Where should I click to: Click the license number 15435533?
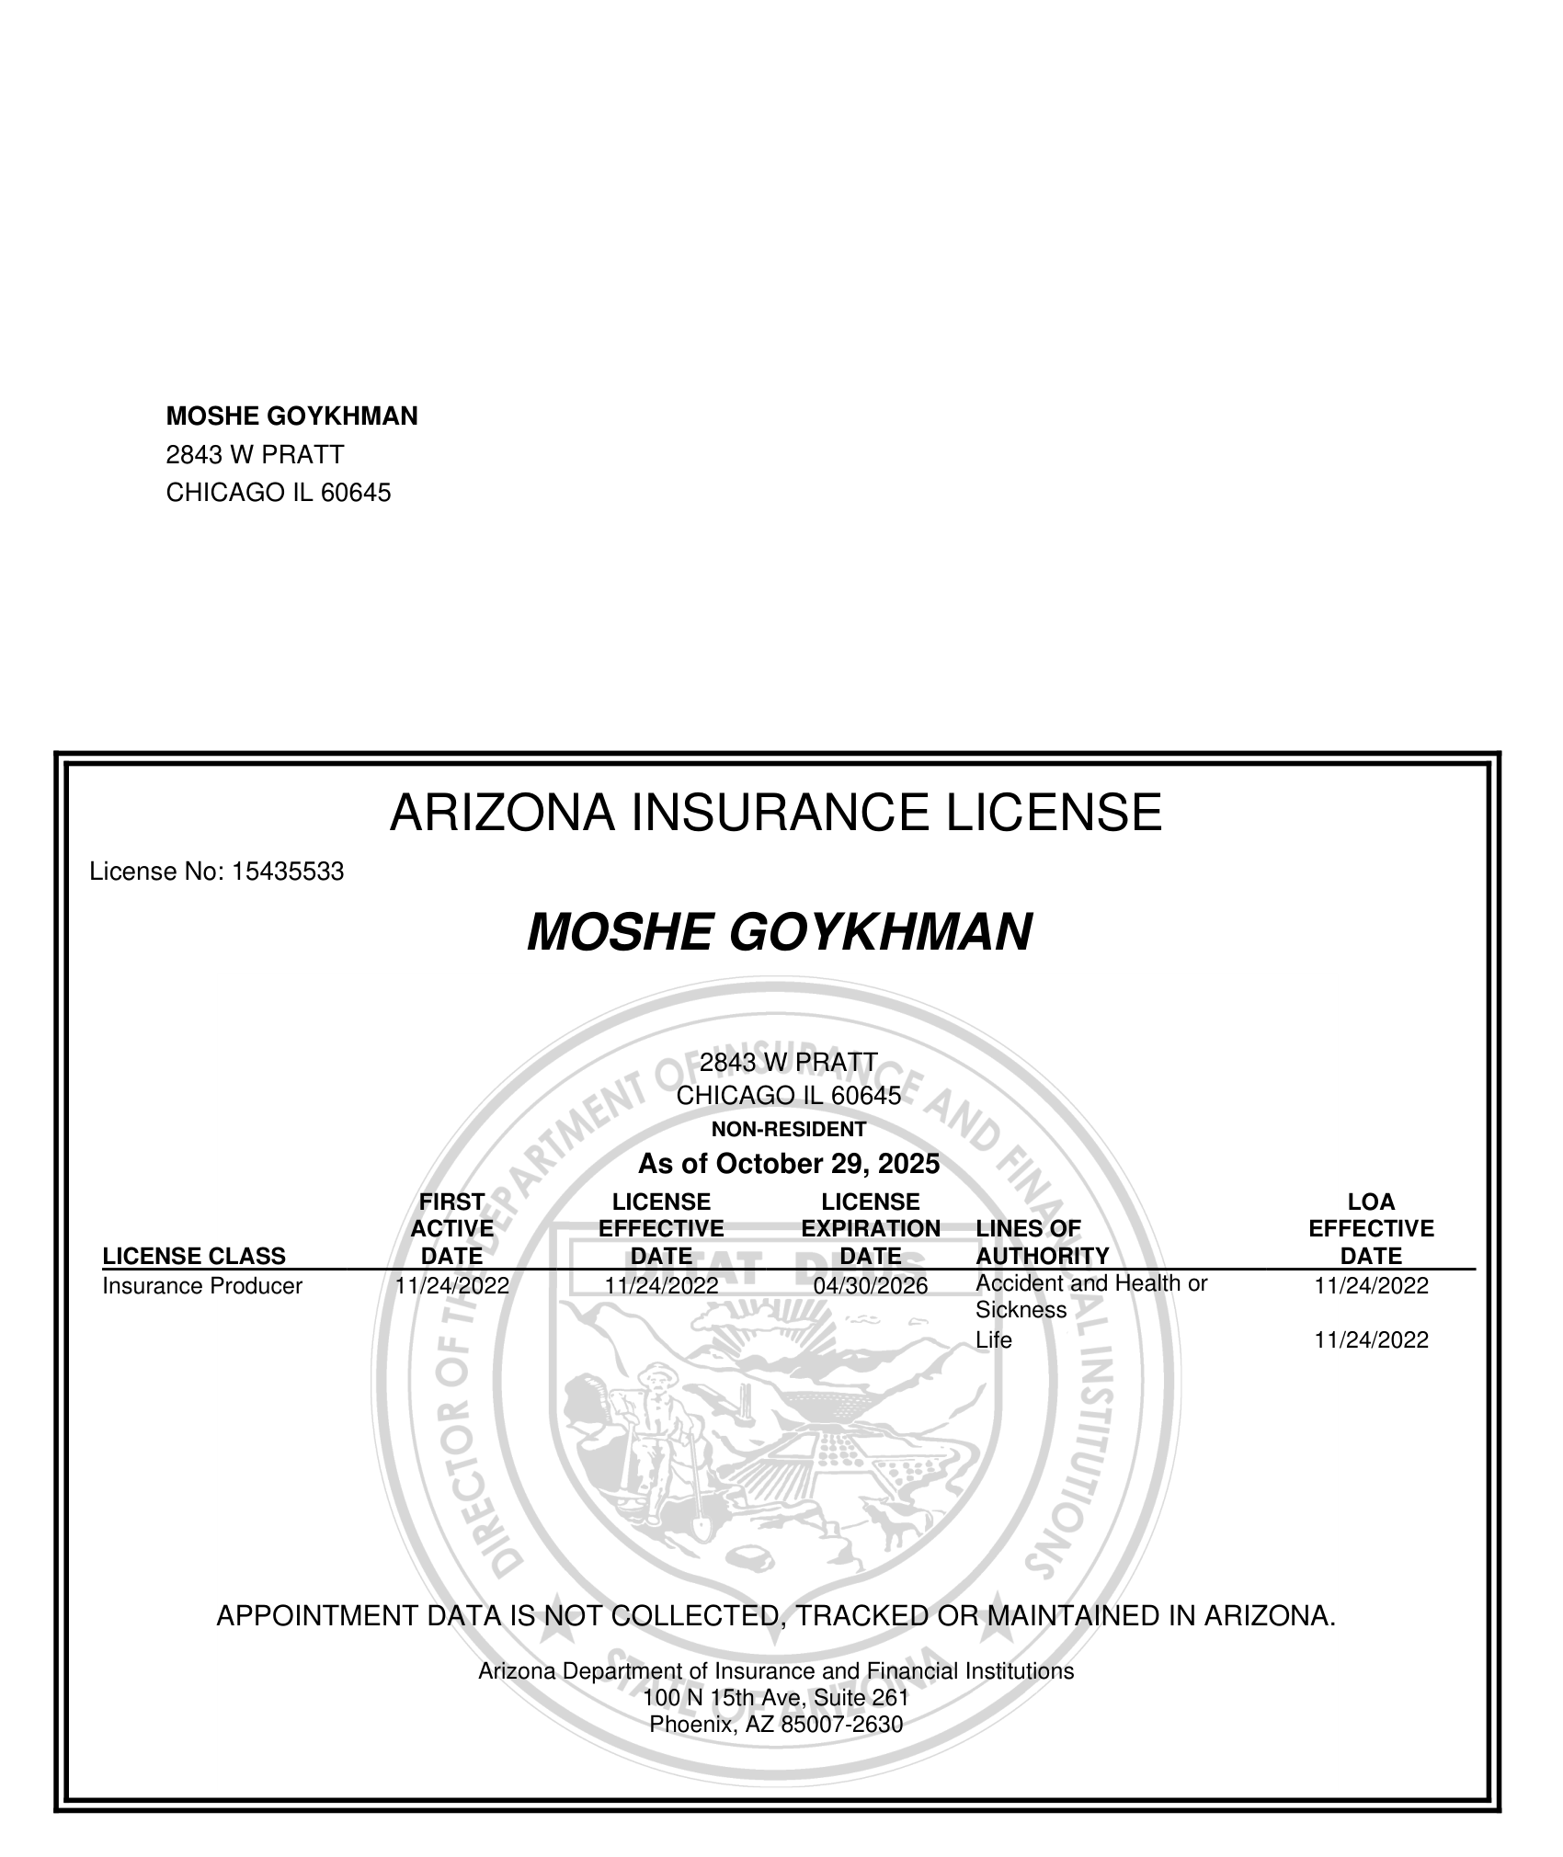pyautogui.click(x=287, y=872)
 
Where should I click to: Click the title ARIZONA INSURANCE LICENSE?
pyautogui.click(x=775, y=813)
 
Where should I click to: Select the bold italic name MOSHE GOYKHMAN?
pyautogui.click(x=779, y=932)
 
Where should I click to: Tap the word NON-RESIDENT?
pyautogui.click(x=788, y=1129)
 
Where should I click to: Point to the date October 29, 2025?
pyautogui.click(x=827, y=1164)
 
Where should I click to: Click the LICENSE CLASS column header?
pyautogui.click(x=194, y=1256)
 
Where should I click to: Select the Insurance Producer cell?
pyautogui.click(x=202, y=1286)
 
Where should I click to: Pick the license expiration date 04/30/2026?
pyautogui.click(x=871, y=1286)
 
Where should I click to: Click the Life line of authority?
pyautogui.click(x=993, y=1340)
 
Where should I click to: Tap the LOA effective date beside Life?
pyautogui.click(x=1371, y=1340)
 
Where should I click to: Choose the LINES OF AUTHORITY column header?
pyautogui.click(x=1042, y=1242)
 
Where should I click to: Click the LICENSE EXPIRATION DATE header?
pyautogui.click(x=871, y=1229)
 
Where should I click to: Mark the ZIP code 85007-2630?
pyautogui.click(x=840, y=1725)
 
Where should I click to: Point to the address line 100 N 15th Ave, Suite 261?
pyautogui.click(x=776, y=1697)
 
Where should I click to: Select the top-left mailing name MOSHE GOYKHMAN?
pyautogui.click(x=291, y=416)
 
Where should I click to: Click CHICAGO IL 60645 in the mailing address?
pyautogui.click(x=278, y=494)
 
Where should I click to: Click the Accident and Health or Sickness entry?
pyautogui.click(x=1090, y=1296)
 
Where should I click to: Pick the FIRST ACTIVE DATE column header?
pyautogui.click(x=451, y=1229)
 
